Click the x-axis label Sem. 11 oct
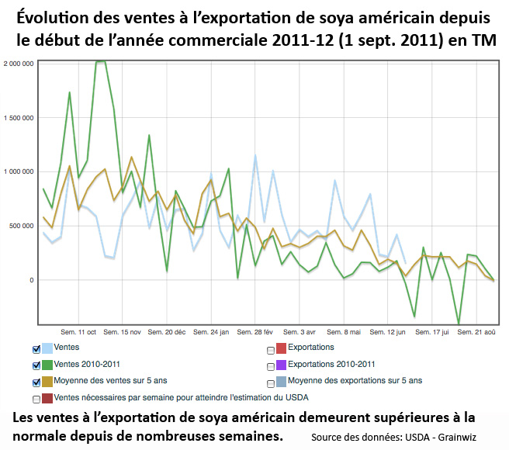pyautogui.click(x=78, y=331)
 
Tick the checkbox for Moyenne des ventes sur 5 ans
pyautogui.click(x=37, y=382)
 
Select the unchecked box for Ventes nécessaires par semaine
pyautogui.click(x=37, y=399)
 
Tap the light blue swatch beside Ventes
pyautogui.click(x=50, y=348)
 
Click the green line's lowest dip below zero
pyautogui.click(x=459, y=323)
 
